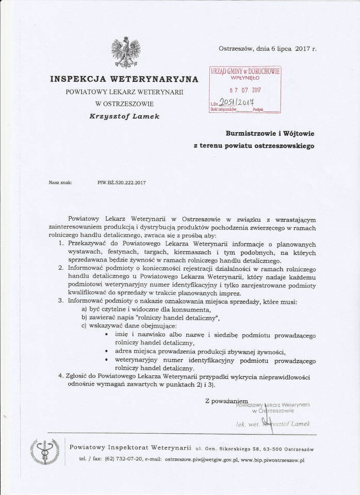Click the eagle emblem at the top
point(124,52)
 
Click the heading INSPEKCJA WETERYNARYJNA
point(124,79)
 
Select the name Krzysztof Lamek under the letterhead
point(124,117)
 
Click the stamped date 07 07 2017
point(245,90)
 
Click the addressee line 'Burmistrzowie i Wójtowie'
point(269,134)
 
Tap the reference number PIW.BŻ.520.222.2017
point(122,182)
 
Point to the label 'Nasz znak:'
point(60,182)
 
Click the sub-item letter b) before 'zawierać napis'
point(85,317)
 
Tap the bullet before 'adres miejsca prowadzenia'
point(106,351)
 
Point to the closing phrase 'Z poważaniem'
point(226,400)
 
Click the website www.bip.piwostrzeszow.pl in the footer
point(273,458)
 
